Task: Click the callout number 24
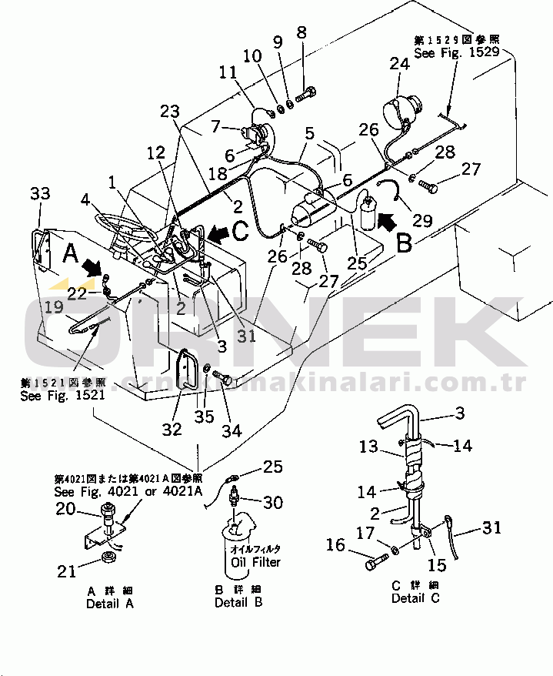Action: pyautogui.click(x=399, y=65)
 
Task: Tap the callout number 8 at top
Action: pyautogui.click(x=301, y=33)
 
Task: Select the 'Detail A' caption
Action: pyautogui.click(x=109, y=604)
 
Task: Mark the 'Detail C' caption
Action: pyautogui.click(x=416, y=598)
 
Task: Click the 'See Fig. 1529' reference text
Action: pyautogui.click(x=457, y=53)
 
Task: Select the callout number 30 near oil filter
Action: pyautogui.click(x=272, y=503)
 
